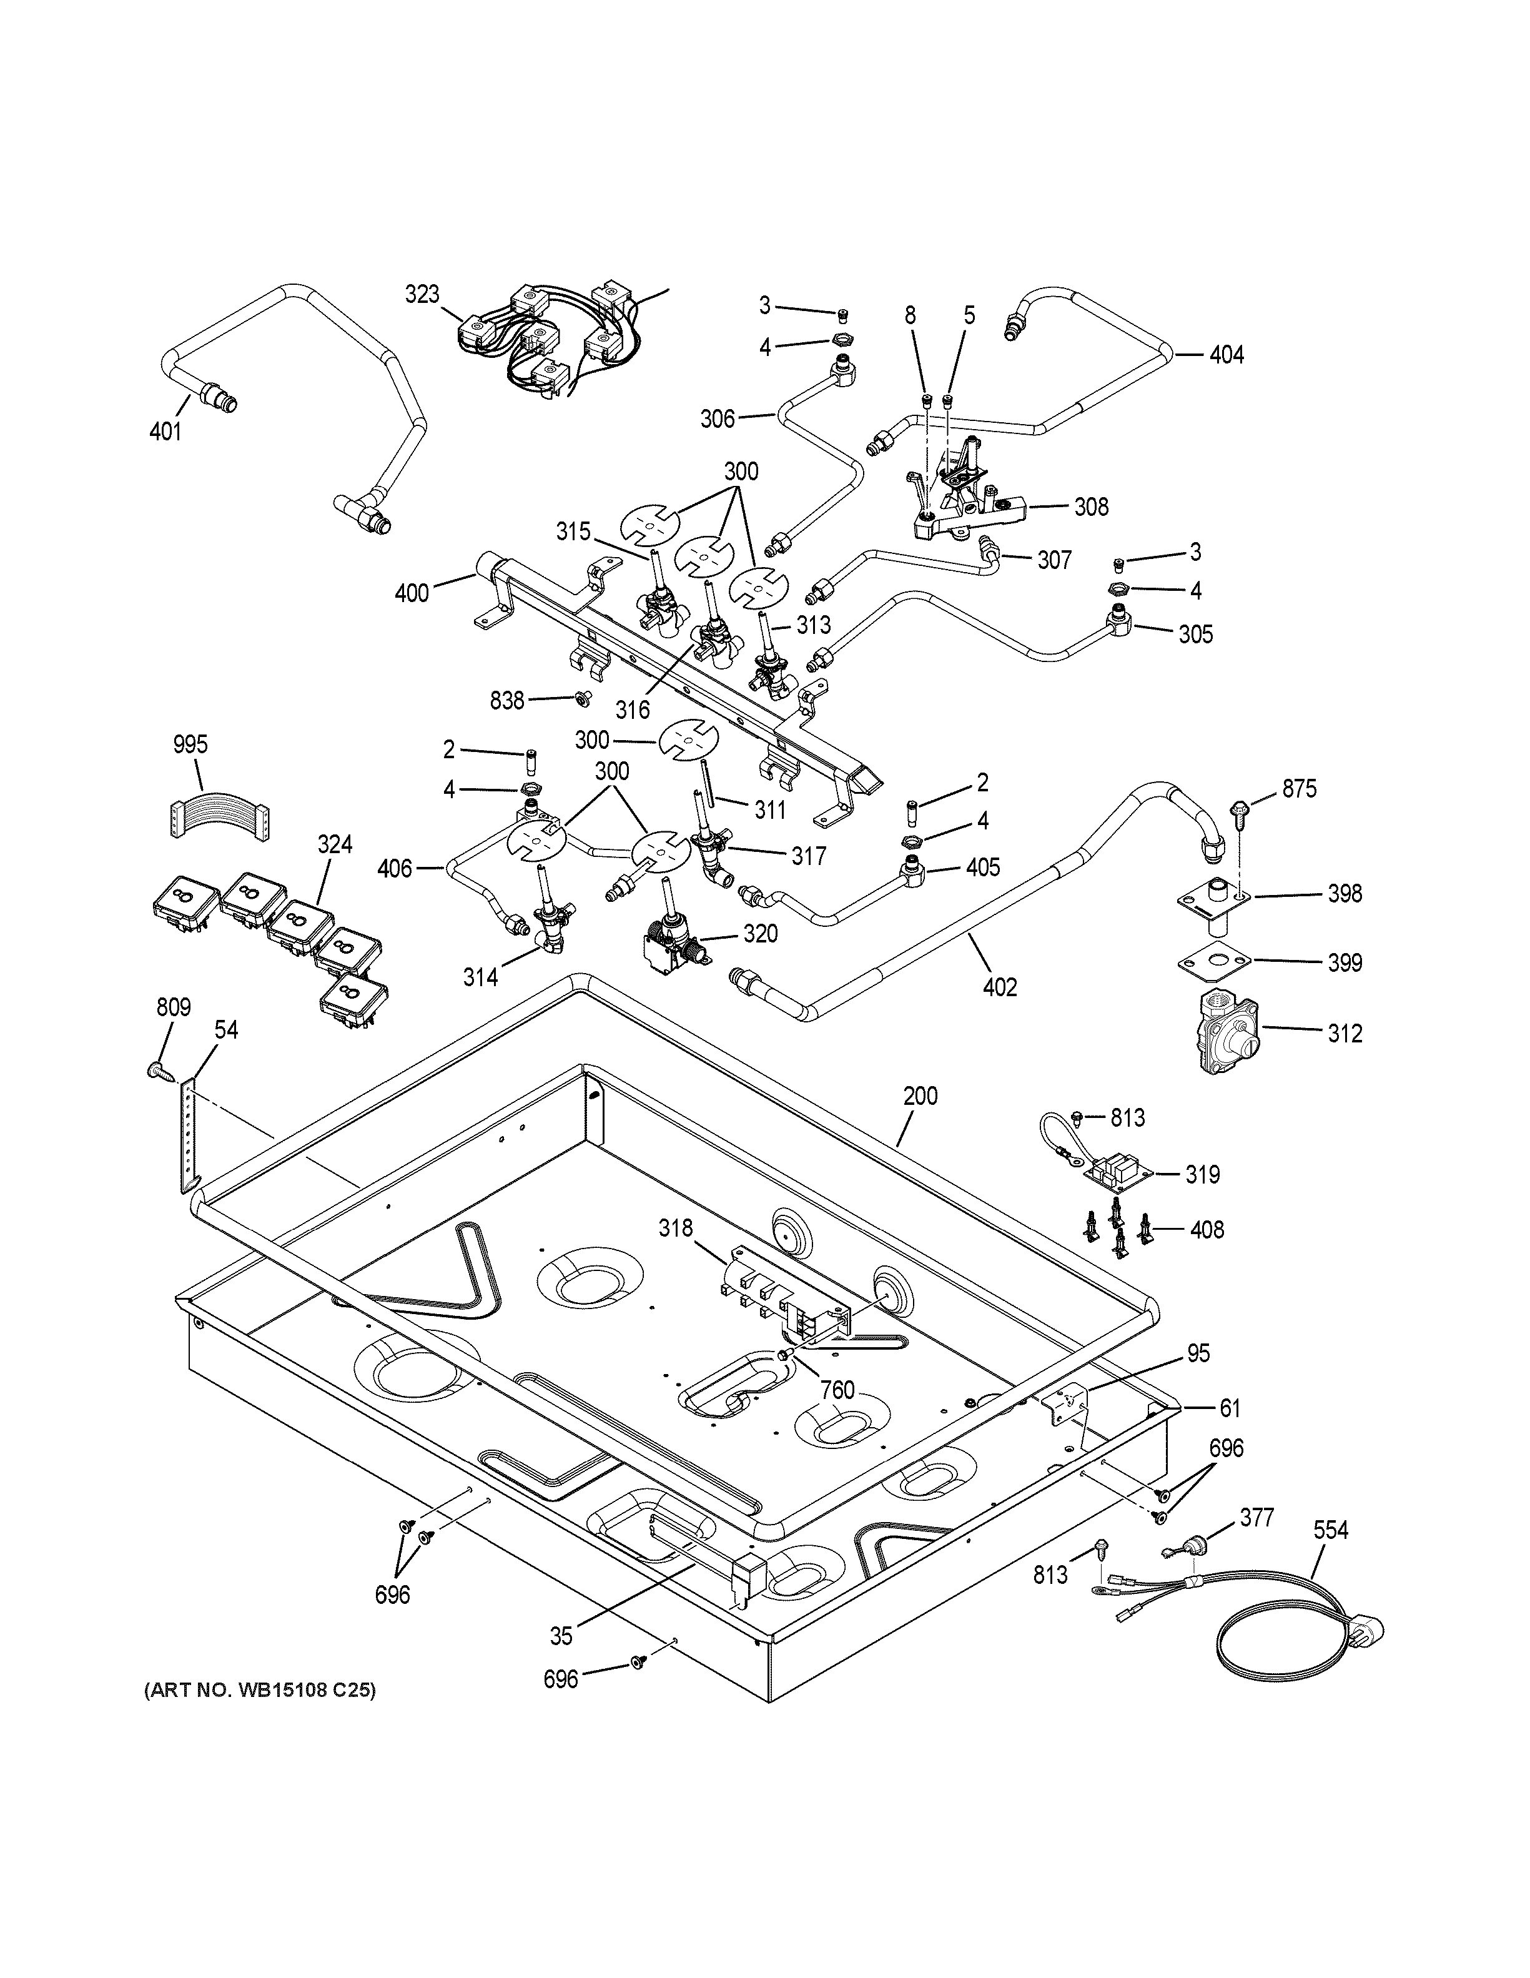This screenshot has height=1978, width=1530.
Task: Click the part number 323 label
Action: (x=422, y=294)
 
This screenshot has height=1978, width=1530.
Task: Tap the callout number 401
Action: (x=165, y=431)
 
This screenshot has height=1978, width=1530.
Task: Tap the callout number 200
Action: (x=920, y=1096)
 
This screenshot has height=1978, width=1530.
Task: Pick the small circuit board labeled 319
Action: (x=1118, y=1175)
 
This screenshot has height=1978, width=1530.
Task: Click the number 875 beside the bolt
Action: (x=1298, y=789)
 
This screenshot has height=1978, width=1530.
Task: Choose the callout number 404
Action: (x=1226, y=355)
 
